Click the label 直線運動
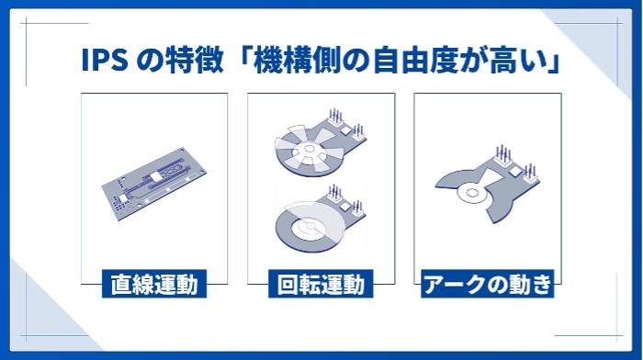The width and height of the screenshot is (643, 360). tap(154, 284)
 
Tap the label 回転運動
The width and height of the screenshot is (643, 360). tap(321, 284)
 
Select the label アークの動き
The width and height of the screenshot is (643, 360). tap(487, 284)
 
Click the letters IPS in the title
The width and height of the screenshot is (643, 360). tap(105, 60)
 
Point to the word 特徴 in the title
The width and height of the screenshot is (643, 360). tap(194, 61)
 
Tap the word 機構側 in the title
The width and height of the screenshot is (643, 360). tap(298, 61)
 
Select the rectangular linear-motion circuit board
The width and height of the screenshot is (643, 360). tap(154, 184)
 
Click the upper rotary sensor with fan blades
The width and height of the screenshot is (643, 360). tap(319, 142)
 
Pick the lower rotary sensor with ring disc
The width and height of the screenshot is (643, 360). tap(319, 219)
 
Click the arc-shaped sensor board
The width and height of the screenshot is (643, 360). tap(487, 185)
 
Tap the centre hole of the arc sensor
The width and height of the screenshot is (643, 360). tap(471, 193)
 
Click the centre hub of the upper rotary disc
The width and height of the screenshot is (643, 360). tap(310, 150)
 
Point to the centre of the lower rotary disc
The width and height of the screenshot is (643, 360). tap(310, 226)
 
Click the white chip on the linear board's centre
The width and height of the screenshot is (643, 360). tap(156, 176)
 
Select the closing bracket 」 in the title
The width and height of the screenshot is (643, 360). tap(554, 61)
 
